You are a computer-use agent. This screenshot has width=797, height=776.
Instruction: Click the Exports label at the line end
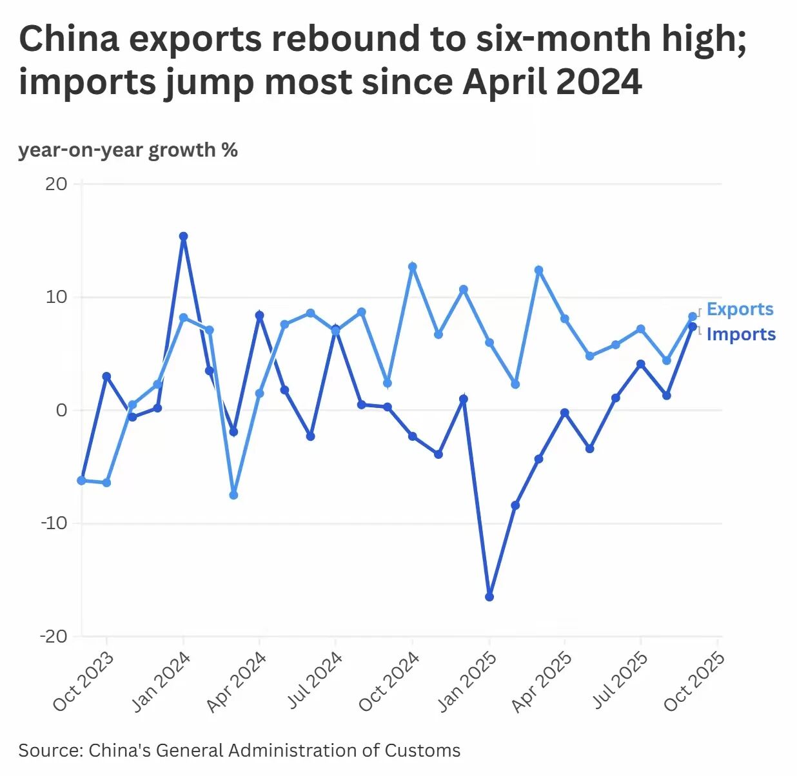[740, 309]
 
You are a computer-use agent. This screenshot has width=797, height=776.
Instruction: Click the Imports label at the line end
[741, 335]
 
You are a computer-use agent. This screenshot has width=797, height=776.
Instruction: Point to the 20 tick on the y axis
[56, 184]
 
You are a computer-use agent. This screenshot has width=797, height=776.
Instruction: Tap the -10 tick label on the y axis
[54, 523]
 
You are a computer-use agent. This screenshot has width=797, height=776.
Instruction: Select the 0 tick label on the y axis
[61, 411]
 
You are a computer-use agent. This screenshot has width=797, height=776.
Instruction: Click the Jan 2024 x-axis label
[161, 682]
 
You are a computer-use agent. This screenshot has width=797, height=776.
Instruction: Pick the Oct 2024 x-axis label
[389, 682]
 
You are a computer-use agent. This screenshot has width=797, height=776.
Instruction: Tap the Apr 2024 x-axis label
[237, 682]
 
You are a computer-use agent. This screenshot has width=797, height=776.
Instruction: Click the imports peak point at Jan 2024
[183, 237]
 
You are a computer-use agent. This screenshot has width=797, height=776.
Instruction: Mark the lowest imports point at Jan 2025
[489, 597]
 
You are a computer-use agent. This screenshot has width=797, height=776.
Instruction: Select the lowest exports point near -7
[233, 495]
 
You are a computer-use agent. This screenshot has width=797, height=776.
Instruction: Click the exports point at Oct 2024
[413, 267]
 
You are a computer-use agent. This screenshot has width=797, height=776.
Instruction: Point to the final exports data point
[693, 316]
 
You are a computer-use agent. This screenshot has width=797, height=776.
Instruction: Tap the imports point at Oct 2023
[106, 376]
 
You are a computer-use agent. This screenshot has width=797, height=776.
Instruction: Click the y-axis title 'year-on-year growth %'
[128, 150]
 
